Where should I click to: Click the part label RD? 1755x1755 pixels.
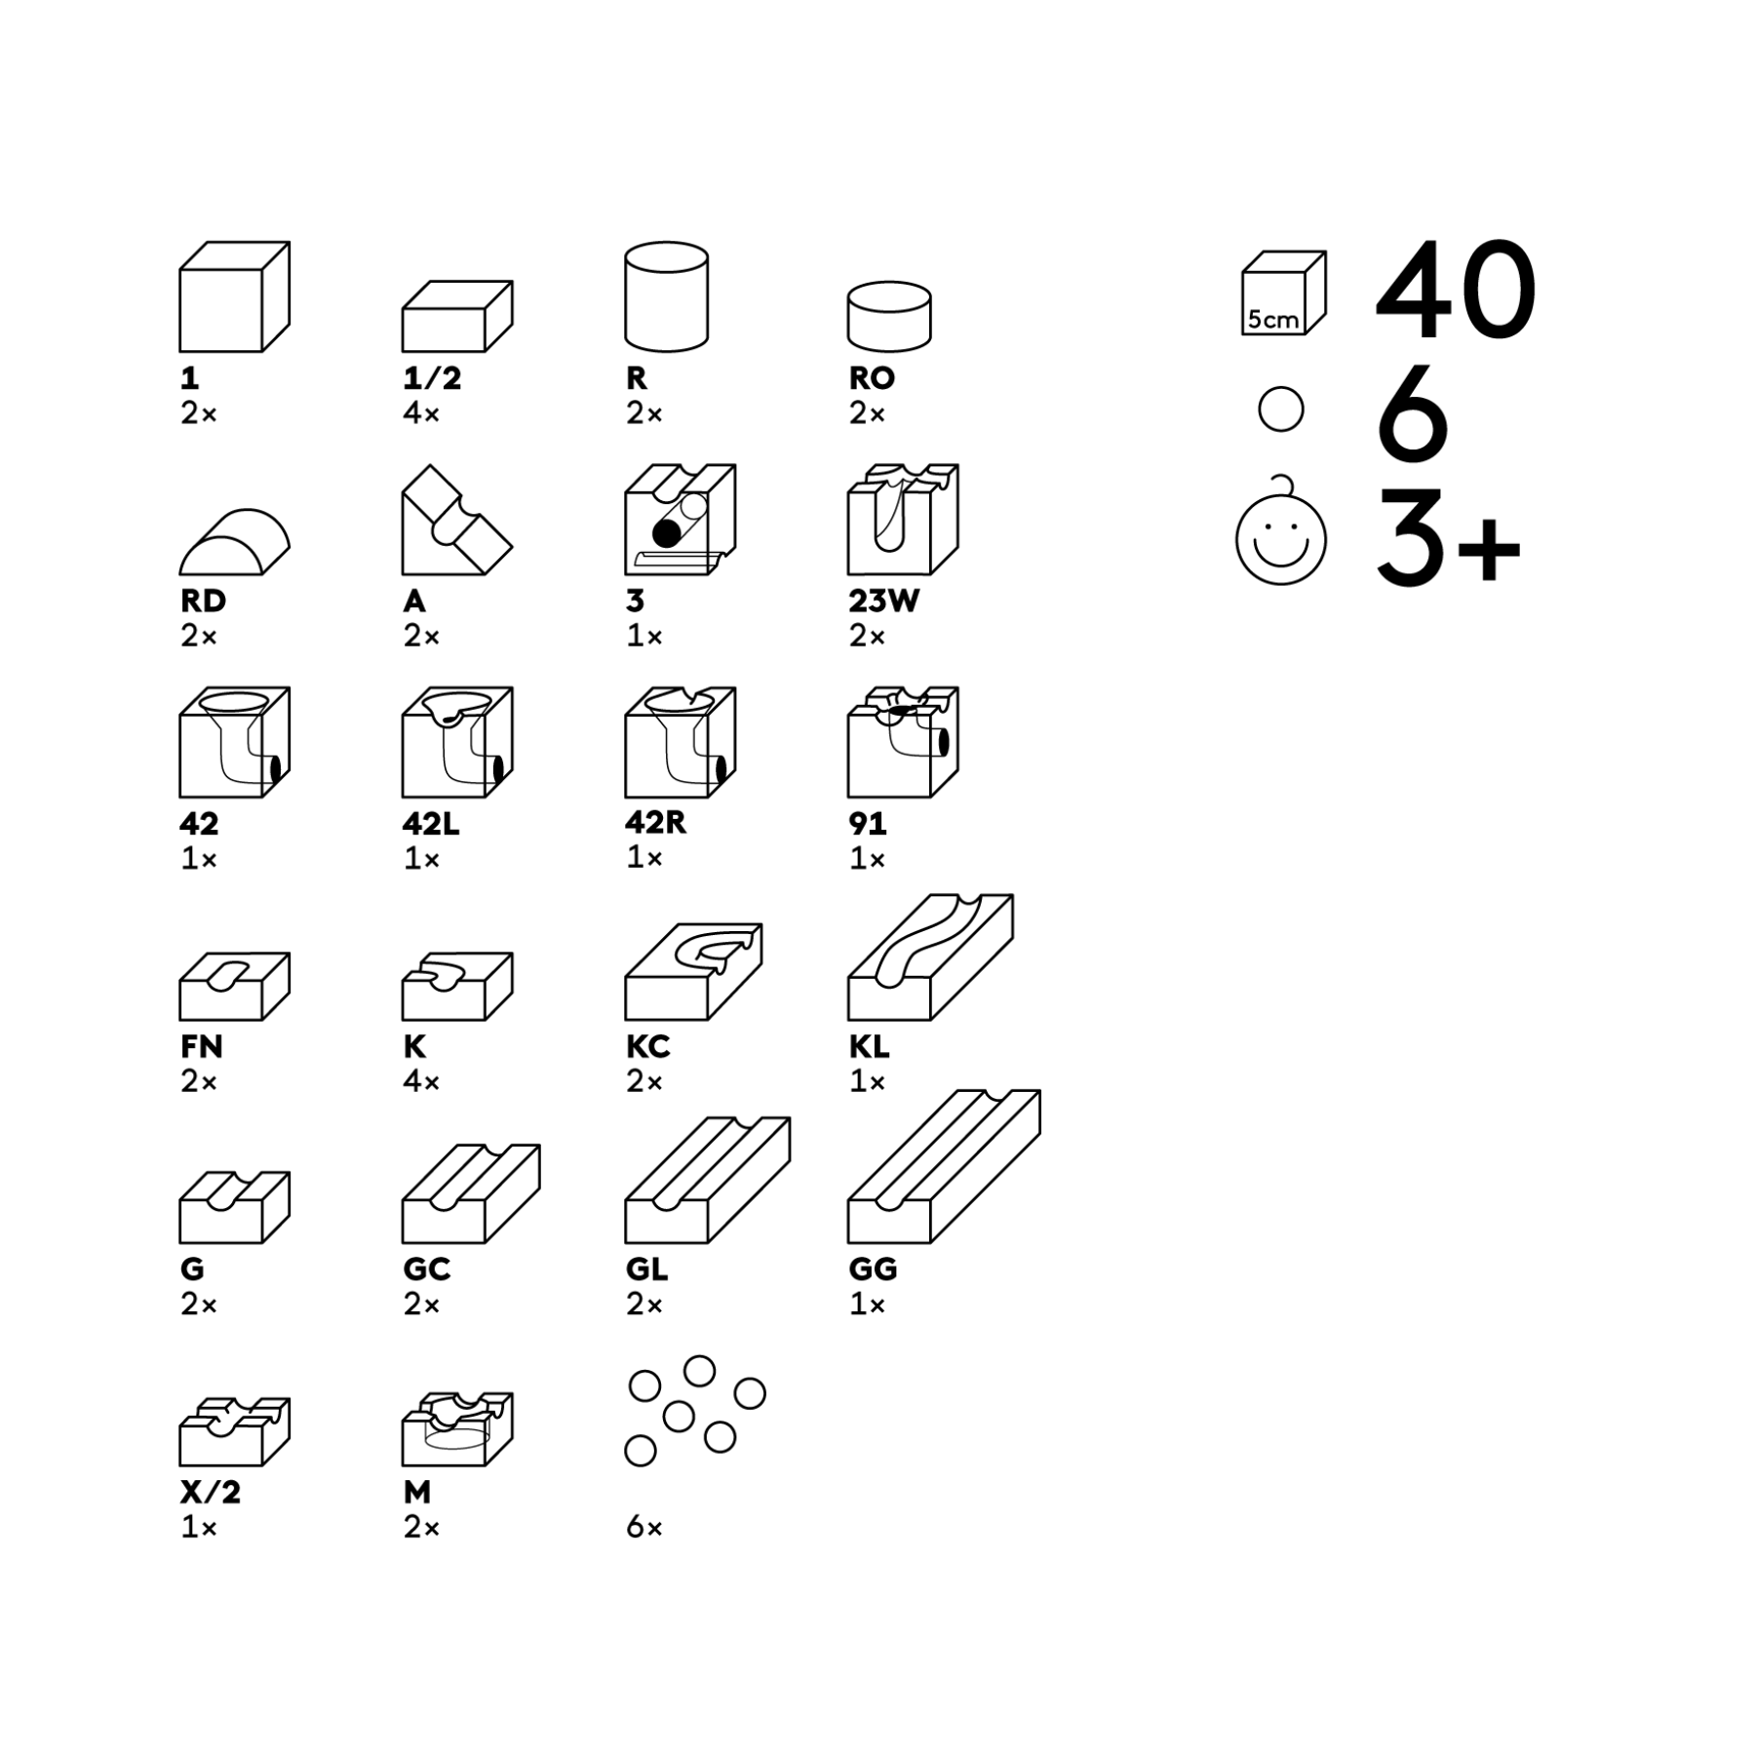(203, 601)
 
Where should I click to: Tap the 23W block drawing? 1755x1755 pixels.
(903, 520)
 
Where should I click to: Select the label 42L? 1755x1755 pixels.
(430, 824)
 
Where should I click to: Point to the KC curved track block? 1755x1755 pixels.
(693, 971)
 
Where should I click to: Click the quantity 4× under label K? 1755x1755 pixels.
(421, 1081)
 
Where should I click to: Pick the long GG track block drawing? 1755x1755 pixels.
(944, 1166)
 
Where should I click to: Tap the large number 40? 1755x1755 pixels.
(1456, 290)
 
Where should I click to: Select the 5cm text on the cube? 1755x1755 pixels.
(1272, 319)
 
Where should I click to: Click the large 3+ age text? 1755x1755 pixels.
(1448, 539)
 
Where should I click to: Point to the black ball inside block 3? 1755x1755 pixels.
(667, 532)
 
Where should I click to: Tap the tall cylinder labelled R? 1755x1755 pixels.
(666, 296)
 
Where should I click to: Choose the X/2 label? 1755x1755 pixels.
(210, 1493)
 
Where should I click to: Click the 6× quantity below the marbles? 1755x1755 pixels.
(643, 1527)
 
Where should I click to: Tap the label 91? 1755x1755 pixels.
(868, 824)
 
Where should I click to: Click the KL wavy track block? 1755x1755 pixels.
(930, 956)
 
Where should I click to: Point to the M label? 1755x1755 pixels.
(416, 1493)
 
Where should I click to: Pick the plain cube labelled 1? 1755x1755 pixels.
(234, 296)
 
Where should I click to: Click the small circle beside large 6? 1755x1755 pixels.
(1280, 409)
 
